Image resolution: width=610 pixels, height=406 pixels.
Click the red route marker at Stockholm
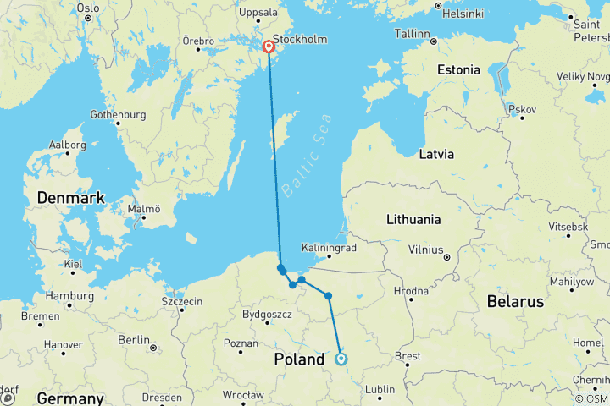268,47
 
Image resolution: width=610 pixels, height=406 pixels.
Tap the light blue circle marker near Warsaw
341,359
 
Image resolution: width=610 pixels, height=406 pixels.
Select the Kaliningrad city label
329,248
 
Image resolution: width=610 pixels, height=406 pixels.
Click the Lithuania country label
413,219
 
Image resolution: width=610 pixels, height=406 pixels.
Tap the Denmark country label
70,198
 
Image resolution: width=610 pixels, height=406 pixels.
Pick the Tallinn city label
413,32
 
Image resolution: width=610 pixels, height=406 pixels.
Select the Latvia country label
437,155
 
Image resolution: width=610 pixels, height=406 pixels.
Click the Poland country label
299,359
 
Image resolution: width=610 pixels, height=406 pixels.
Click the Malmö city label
144,209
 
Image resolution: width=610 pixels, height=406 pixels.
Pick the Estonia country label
458,70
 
